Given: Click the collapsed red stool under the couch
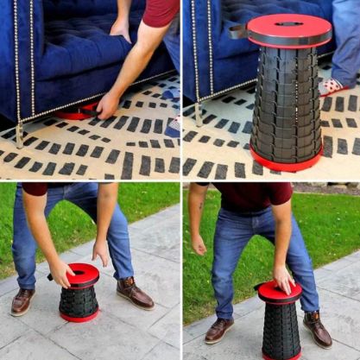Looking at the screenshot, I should click(x=77, y=112).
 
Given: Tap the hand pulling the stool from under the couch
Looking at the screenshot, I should click(x=107, y=104).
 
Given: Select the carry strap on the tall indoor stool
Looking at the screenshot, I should click(x=237, y=32).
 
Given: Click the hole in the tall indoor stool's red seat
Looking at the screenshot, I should click(x=289, y=23).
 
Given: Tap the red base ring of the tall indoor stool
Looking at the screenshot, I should click(x=285, y=162).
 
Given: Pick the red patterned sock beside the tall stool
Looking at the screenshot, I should click(x=332, y=86).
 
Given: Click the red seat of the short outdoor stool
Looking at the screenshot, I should click(x=84, y=274).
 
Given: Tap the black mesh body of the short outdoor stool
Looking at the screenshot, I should click(x=79, y=300).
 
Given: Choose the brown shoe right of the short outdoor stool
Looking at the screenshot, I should click(x=134, y=294).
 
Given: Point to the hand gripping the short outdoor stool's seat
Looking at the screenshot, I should click(x=61, y=274).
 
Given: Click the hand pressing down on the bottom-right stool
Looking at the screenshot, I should click(x=283, y=278).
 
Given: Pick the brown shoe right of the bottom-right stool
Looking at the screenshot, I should click(x=318, y=329).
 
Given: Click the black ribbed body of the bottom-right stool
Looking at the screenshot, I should click(x=281, y=329).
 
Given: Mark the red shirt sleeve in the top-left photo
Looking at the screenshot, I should click(x=160, y=11).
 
